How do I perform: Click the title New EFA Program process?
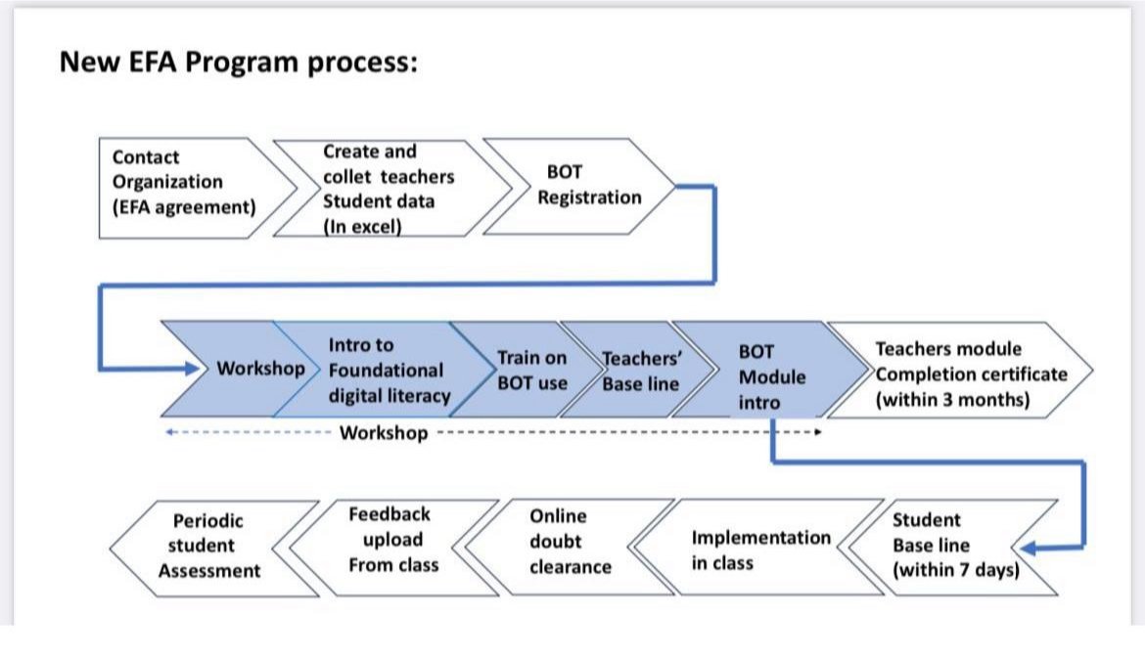pyautogui.click(x=238, y=63)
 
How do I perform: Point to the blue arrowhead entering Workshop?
pyautogui.click(x=192, y=369)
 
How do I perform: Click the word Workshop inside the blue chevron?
pyautogui.click(x=260, y=369)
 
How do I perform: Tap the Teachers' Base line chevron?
pyautogui.click(x=637, y=370)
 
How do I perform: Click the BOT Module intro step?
pyautogui.click(x=770, y=370)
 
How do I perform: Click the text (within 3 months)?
pyautogui.click(x=952, y=400)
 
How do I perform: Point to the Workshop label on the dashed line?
pyautogui.click(x=384, y=432)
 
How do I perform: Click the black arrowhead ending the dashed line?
pyautogui.click(x=818, y=432)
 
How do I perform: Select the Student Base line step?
pyautogui.click(x=953, y=547)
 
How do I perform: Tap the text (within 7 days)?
pyautogui.click(x=956, y=570)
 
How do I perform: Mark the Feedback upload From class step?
pyautogui.click(x=394, y=547)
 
